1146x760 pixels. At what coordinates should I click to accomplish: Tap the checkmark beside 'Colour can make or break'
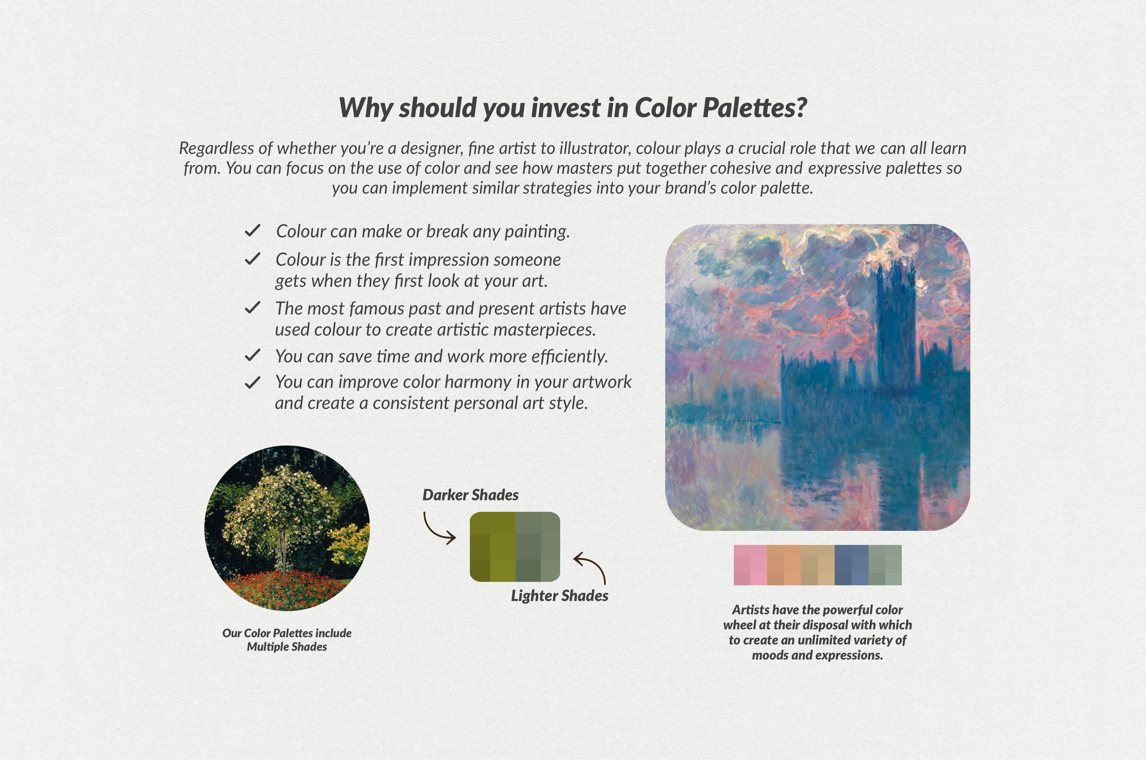point(252,231)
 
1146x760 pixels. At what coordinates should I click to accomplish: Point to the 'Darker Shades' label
point(470,495)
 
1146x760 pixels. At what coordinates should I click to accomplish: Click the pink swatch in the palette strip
point(750,565)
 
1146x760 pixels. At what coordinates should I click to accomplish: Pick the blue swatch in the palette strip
point(851,565)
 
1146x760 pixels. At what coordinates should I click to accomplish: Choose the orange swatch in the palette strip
point(784,565)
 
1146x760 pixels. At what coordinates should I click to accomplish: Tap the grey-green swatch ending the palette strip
point(885,565)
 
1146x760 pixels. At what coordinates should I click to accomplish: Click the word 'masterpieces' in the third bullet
point(544,330)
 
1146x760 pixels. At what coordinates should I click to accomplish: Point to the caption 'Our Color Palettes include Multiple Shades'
point(287,640)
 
